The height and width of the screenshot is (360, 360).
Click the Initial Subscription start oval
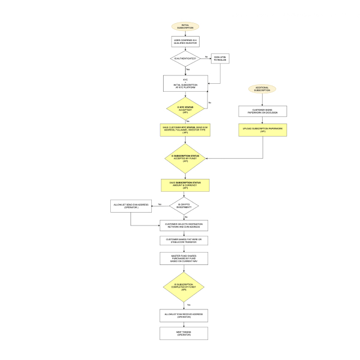(185, 26)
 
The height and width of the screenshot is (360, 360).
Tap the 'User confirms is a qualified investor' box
(185, 42)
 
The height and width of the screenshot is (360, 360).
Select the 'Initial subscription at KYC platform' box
(185, 84)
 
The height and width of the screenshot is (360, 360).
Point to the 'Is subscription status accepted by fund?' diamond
(185, 158)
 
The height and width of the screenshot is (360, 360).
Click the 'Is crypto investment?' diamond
(185, 206)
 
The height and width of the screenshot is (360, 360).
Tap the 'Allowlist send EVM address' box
(131, 206)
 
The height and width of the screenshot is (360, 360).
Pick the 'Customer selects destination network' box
(185, 225)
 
